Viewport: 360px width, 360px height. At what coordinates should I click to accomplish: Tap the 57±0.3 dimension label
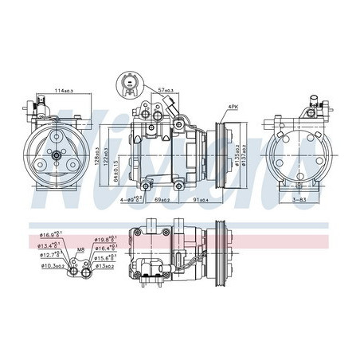[x=165, y=91]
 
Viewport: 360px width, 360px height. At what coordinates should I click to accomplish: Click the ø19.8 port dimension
[x=105, y=239]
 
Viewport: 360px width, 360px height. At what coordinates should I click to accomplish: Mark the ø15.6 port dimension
[x=106, y=258]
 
